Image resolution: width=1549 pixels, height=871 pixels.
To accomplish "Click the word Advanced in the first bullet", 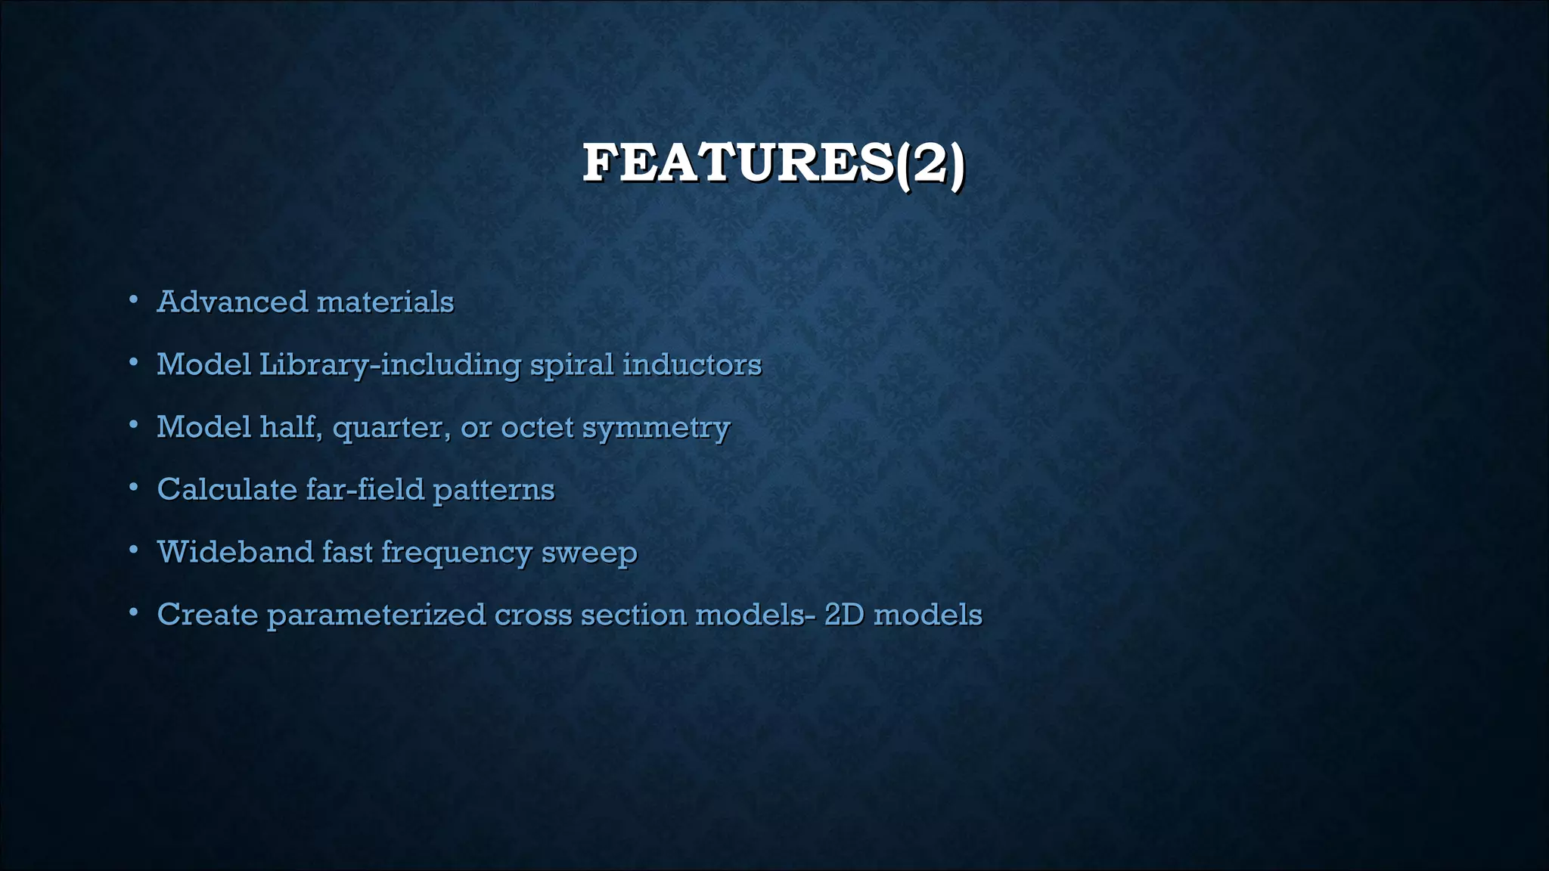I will (232, 302).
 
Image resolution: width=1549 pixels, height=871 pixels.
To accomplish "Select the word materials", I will (385, 302).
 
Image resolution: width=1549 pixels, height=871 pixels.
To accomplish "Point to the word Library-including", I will (390, 365).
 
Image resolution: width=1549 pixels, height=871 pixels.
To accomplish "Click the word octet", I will (537, 427).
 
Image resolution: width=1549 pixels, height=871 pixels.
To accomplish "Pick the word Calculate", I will (227, 489).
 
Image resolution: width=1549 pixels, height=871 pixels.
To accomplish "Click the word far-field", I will (365, 489).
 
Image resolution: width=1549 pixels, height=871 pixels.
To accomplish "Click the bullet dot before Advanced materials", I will (133, 300).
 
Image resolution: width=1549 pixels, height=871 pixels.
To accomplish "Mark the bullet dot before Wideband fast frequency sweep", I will (133, 550).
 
